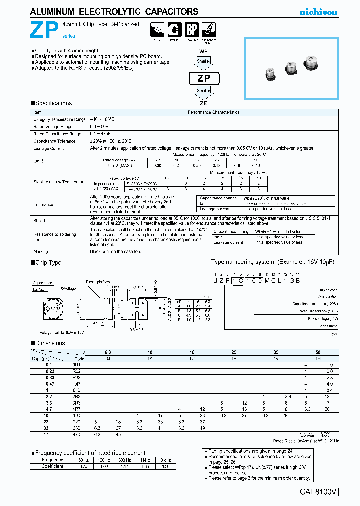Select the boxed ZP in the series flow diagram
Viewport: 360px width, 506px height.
pos(203,78)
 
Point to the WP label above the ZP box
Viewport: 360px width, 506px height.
pos(203,51)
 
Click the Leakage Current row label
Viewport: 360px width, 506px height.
pos(49,148)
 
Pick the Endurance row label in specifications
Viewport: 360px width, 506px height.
pos(43,204)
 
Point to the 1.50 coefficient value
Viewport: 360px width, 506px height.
pos(163,466)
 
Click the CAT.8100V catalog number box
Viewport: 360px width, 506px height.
pos(319,492)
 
